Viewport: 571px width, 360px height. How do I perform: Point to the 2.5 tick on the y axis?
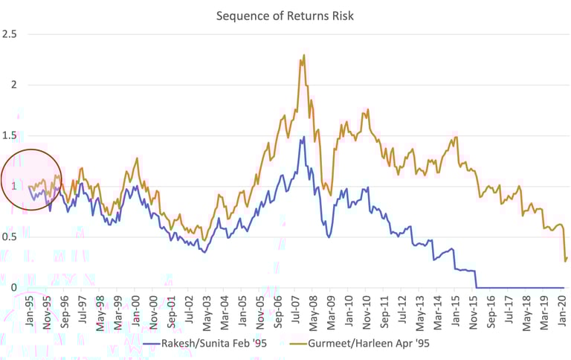pos(10,34)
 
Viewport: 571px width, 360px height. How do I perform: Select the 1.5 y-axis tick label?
pos(10,135)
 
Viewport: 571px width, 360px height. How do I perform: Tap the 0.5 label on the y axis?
pos(10,237)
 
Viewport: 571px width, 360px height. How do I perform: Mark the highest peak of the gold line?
pos(304,54)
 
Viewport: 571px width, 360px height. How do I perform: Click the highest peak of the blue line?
pos(303,137)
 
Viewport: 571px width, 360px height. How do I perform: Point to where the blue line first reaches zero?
pos(477,287)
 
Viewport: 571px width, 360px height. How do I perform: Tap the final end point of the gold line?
pos(567,258)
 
